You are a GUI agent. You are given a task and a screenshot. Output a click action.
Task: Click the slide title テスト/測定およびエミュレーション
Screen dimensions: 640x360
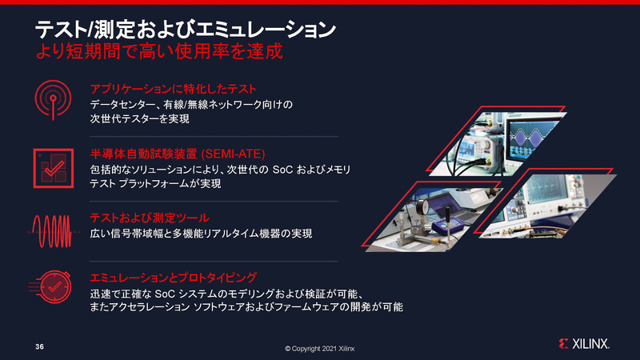pos(186,30)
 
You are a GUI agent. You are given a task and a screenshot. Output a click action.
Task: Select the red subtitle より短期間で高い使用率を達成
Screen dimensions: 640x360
pos(159,51)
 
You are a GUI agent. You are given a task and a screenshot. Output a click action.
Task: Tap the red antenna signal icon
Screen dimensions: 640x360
pos(53,99)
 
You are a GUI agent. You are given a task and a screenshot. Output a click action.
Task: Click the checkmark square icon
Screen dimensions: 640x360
pos(54,168)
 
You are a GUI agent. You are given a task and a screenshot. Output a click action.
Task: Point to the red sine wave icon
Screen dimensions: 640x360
pos(54,231)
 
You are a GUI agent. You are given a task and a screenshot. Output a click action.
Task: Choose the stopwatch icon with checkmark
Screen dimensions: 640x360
pos(50,286)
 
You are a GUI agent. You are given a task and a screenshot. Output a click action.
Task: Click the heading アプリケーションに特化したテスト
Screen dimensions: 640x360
pos(173,89)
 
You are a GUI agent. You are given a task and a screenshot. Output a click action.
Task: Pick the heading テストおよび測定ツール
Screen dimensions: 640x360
pos(150,218)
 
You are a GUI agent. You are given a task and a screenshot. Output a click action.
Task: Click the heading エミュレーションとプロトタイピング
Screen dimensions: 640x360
pos(173,278)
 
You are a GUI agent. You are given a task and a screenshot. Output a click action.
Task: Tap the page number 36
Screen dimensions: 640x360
pos(39,346)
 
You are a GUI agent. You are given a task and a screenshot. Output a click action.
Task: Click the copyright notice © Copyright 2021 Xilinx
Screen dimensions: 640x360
pos(319,349)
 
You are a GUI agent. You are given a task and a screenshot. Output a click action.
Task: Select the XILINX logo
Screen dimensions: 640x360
pos(584,344)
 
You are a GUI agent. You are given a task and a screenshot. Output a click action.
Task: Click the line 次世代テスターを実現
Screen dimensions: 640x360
pos(139,118)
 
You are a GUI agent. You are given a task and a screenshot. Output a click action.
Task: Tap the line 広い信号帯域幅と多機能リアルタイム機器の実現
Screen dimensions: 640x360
pos(201,234)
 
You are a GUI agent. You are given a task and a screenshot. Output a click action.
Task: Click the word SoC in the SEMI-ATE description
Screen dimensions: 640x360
pos(282,170)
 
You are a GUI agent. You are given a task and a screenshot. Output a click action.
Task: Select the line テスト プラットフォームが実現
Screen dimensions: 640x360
pos(155,184)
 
